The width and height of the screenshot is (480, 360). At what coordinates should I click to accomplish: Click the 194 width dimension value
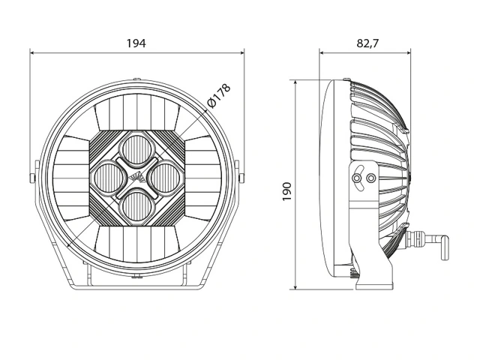point(136,43)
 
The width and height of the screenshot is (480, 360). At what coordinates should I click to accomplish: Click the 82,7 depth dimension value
point(367,43)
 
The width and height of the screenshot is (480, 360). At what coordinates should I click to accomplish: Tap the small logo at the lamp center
point(136,177)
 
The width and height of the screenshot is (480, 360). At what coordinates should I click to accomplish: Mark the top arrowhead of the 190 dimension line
point(298,81)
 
